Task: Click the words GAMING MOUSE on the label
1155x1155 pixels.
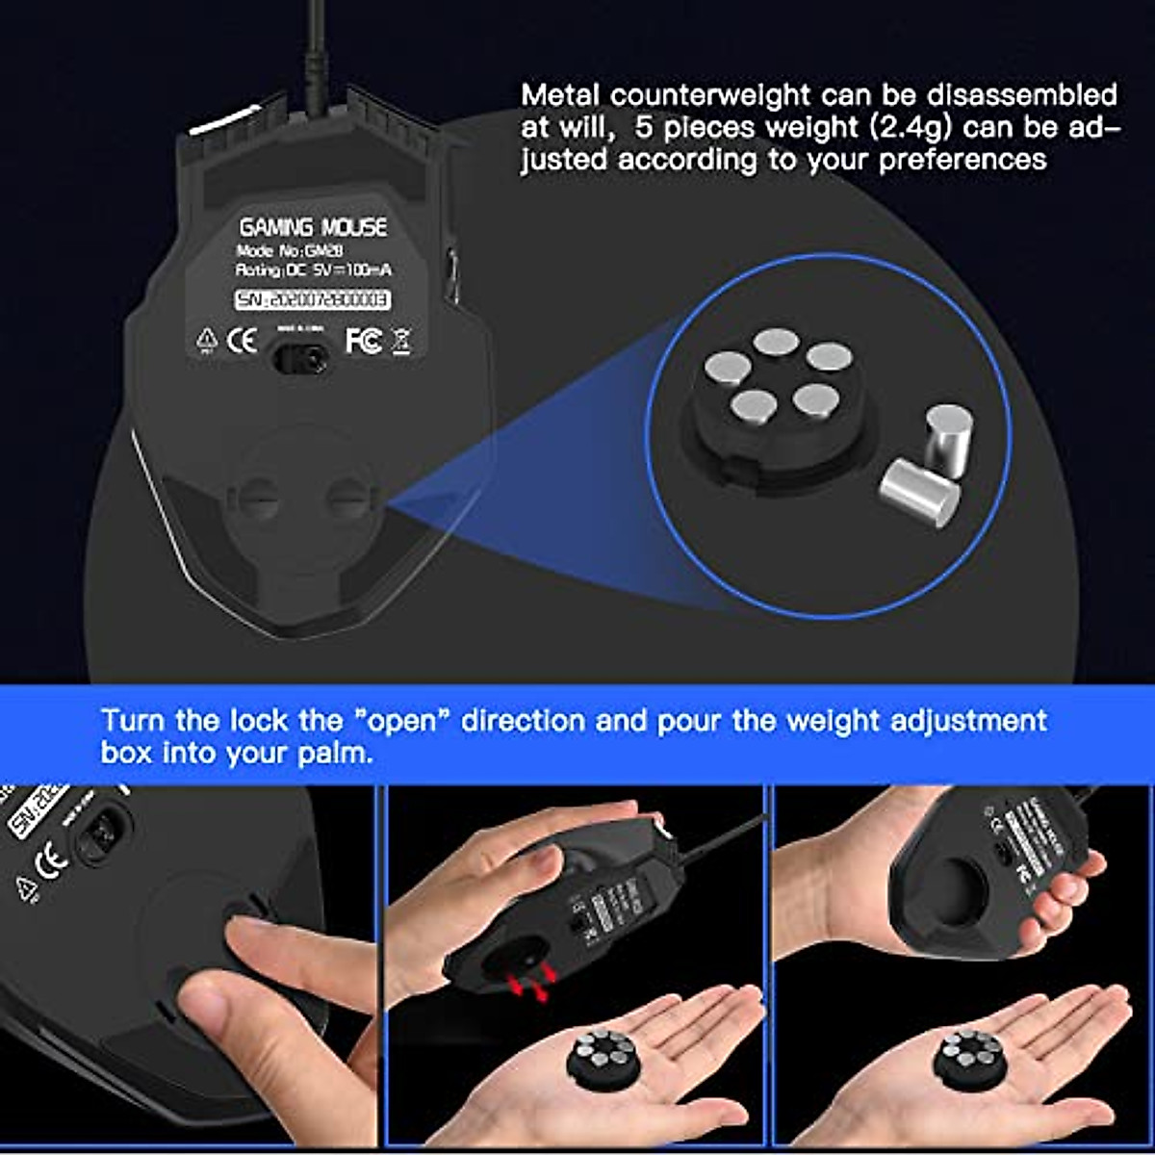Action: pos(313,227)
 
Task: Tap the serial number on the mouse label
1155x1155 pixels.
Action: pos(313,300)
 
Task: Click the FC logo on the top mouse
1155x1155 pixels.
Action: pos(363,340)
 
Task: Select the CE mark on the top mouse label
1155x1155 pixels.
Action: pos(241,340)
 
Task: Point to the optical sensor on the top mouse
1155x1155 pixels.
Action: pos(301,359)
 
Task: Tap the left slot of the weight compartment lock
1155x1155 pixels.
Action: pos(257,498)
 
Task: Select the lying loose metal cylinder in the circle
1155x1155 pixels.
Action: pos(920,491)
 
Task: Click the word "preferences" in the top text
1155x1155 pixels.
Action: pos(962,159)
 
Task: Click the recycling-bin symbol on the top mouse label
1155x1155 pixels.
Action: pos(401,341)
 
